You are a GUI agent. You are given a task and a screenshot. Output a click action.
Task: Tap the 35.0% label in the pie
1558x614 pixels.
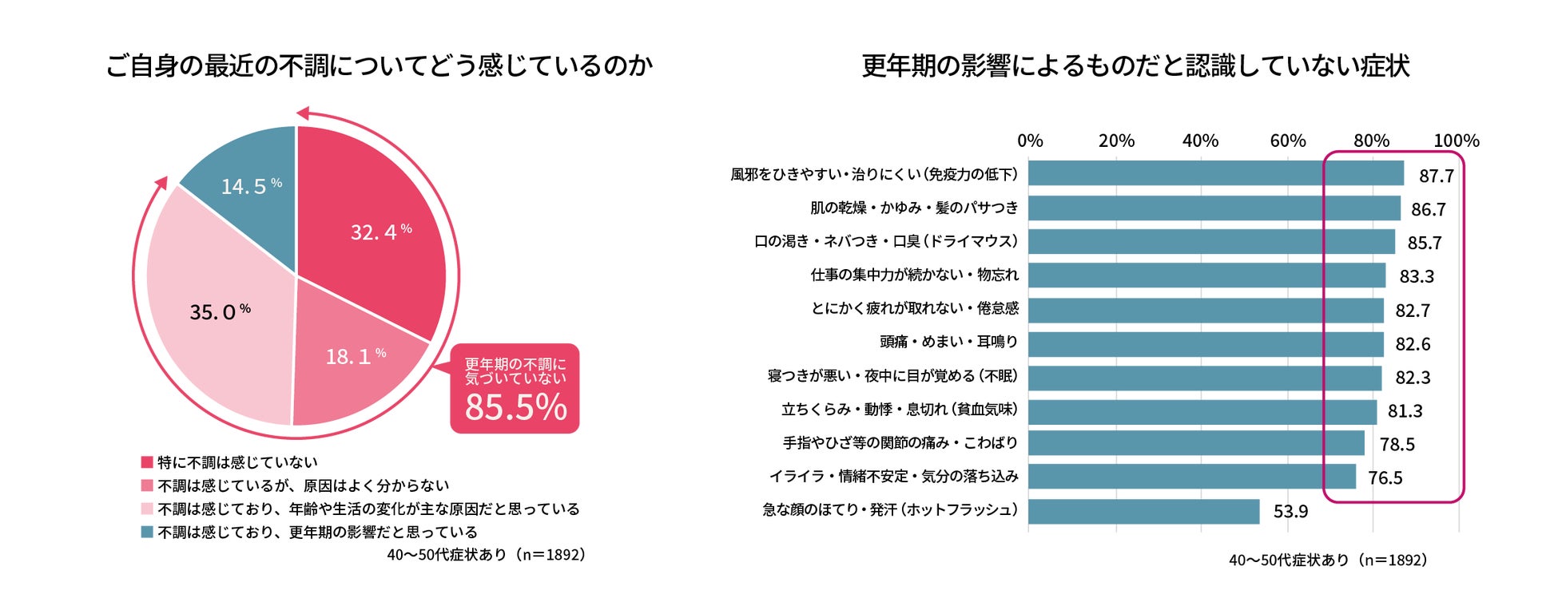(220, 311)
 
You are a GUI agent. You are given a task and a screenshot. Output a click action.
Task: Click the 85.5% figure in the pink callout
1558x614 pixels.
(515, 407)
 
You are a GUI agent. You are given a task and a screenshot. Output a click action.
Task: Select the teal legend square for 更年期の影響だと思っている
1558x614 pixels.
(147, 532)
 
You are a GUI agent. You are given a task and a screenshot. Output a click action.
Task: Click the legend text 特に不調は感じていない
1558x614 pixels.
(237, 462)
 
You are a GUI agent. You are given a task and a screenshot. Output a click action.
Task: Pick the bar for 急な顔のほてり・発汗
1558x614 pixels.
(1143, 512)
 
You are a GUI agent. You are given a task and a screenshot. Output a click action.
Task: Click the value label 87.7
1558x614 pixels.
(1436, 176)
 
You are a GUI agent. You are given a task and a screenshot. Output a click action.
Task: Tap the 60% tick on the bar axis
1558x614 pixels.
(1287, 141)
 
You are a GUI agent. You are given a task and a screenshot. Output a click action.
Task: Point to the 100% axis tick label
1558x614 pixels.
(1456, 141)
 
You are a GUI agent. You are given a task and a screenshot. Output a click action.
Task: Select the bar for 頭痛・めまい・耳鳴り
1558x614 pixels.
(1205, 344)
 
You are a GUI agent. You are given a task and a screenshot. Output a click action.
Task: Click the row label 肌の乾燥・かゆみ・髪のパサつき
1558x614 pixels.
(914, 208)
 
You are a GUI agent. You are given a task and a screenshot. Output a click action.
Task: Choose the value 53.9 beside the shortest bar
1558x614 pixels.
(1290, 512)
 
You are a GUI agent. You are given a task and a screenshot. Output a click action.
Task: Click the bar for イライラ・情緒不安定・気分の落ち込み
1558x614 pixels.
(1191, 477)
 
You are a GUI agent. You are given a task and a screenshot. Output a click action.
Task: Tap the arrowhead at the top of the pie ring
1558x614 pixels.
(303, 113)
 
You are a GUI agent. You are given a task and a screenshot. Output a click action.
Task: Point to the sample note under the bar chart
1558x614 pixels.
(1327, 561)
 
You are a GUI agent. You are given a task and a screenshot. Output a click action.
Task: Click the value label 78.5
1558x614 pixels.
(1397, 445)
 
